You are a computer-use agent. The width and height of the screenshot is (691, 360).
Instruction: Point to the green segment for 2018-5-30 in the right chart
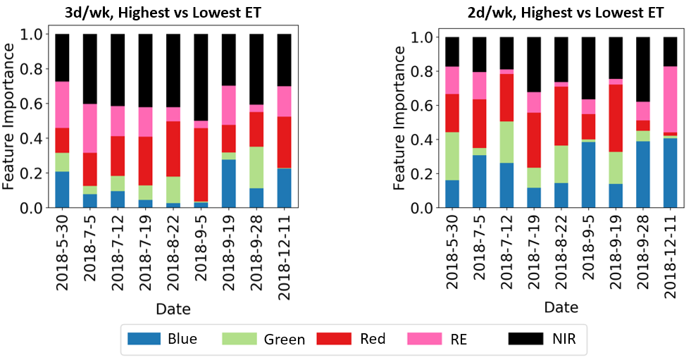[x=452, y=156]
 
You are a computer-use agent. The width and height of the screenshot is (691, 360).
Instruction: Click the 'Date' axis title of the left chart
[x=173, y=309]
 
